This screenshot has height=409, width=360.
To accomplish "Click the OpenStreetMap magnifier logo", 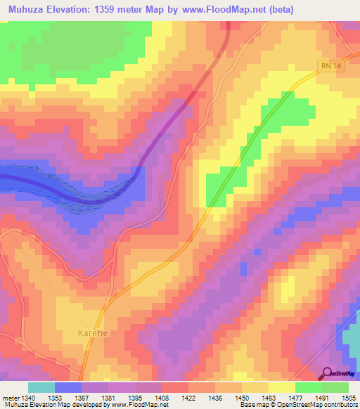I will tap(328, 374).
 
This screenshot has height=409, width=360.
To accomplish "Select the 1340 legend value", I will tap(29, 398).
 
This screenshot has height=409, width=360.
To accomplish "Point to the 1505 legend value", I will tap(348, 398).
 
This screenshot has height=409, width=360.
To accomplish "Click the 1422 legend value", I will tap(188, 398).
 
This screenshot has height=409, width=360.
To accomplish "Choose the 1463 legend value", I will tap(269, 398).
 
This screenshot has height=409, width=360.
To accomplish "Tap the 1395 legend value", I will tap(135, 398).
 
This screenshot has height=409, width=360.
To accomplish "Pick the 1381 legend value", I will tap(108, 398).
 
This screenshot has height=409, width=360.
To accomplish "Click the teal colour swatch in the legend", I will tap(41, 387).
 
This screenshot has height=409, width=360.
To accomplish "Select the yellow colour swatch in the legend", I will tap(281, 387).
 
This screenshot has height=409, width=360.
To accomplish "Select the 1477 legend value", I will tap(295, 398).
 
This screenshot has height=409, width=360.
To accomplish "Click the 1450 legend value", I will tap(242, 398).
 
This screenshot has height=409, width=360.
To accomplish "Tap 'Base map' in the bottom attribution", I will tap(254, 405).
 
